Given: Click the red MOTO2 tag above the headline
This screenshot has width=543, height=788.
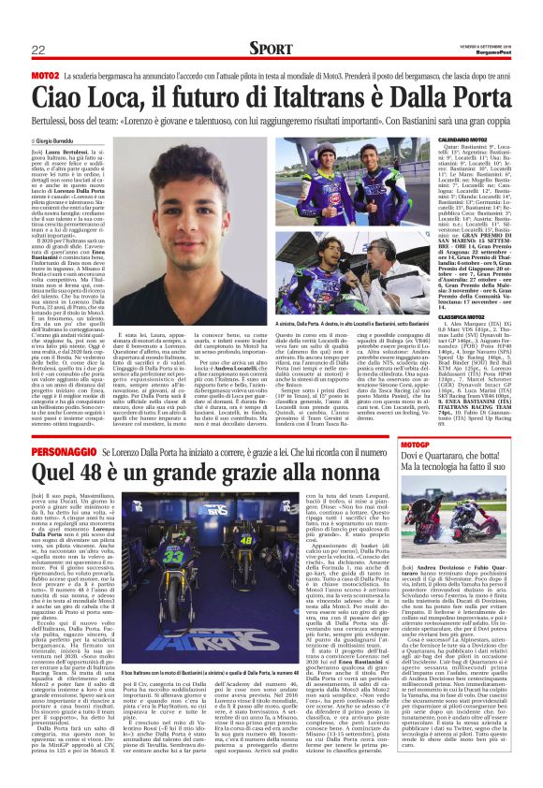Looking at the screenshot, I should pyautogui.click(x=45, y=73).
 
